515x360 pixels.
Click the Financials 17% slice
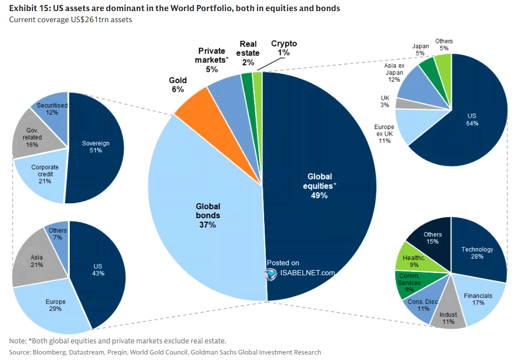click(477, 299)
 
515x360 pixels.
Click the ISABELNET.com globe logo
click(271, 273)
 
